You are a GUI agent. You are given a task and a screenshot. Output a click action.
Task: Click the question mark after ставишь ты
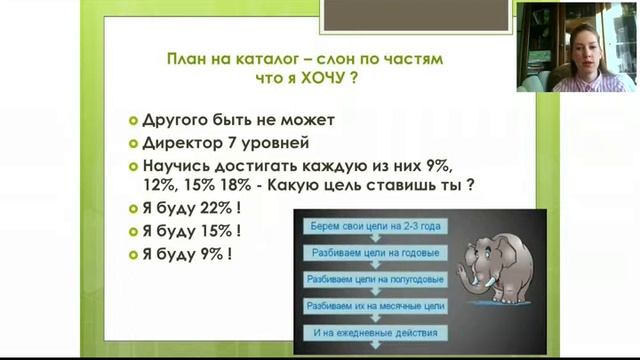coord(469,185)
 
